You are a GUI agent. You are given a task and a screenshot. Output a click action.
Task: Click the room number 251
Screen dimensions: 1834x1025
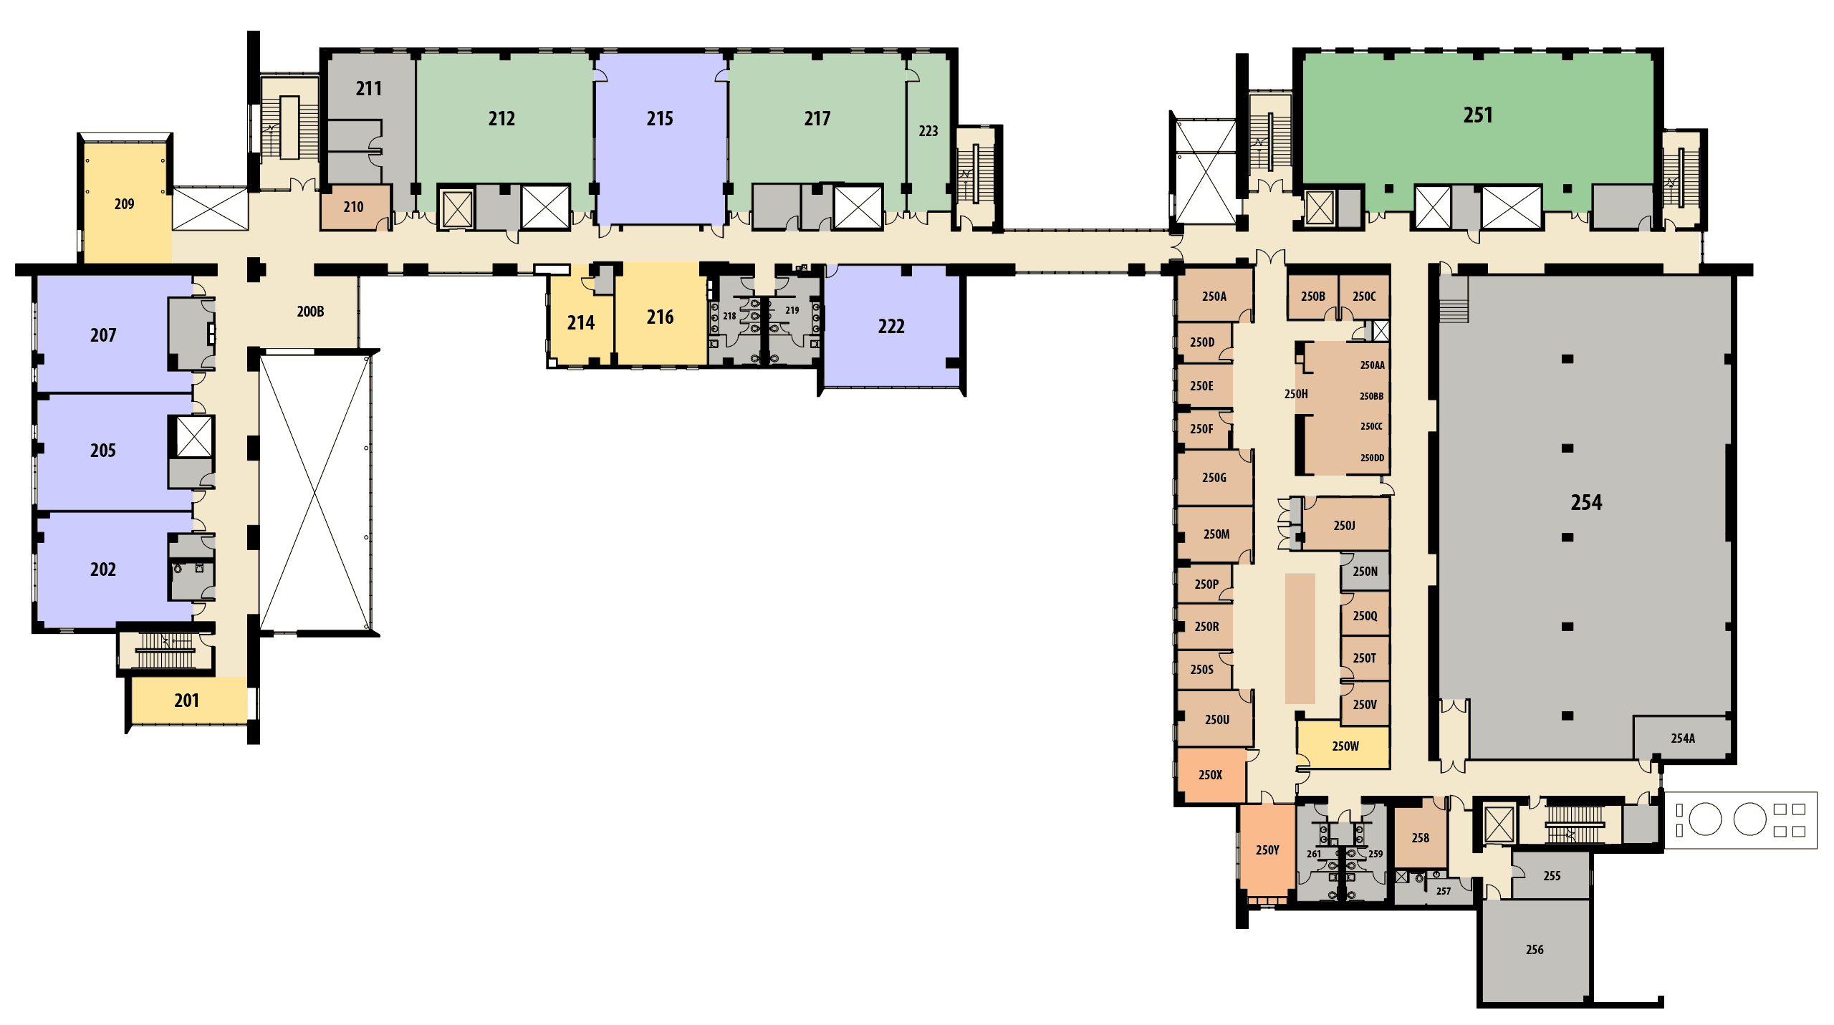pyautogui.click(x=1477, y=115)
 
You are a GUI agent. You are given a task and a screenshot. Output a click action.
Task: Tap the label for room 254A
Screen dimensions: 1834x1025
pyautogui.click(x=1683, y=738)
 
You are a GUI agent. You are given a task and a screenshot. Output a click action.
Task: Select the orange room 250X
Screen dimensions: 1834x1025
pyautogui.click(x=1211, y=774)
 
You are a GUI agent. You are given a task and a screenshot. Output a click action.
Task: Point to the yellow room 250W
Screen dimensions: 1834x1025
pyautogui.click(x=1344, y=746)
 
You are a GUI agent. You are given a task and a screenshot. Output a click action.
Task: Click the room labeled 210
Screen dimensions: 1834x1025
pyautogui.click(x=355, y=207)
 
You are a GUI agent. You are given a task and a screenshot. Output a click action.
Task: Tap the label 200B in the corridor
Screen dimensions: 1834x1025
pyautogui.click(x=310, y=312)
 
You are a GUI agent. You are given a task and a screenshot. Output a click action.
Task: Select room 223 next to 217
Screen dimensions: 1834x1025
pyautogui.click(x=928, y=131)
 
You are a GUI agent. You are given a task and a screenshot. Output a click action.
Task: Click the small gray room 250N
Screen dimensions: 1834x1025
pyautogui.click(x=1365, y=571)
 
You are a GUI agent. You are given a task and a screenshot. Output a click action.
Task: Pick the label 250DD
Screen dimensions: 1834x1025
pyautogui.click(x=1372, y=458)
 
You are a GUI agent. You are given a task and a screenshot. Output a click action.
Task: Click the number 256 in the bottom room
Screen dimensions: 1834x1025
pyautogui.click(x=1535, y=949)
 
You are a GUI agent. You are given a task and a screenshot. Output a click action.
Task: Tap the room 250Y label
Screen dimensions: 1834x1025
pyautogui.click(x=1267, y=850)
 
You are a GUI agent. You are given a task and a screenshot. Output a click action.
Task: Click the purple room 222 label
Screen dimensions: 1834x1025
pyautogui.click(x=891, y=327)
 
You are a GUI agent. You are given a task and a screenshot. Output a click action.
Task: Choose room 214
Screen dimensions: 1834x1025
pyautogui.click(x=581, y=323)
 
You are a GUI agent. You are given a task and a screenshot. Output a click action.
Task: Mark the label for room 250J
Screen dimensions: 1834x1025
pyautogui.click(x=1344, y=525)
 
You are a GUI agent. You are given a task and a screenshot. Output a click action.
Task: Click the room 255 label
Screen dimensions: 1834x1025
pyautogui.click(x=1552, y=875)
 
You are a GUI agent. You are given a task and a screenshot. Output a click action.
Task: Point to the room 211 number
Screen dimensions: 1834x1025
pyautogui.click(x=369, y=88)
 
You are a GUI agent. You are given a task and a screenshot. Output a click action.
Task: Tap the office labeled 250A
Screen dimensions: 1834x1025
pyautogui.click(x=1215, y=296)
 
